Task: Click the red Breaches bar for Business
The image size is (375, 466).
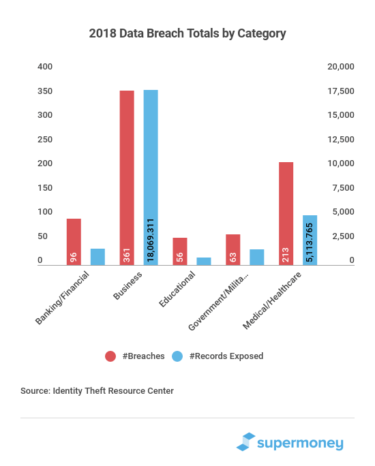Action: click(127, 178)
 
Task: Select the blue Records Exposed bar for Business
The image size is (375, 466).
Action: click(151, 177)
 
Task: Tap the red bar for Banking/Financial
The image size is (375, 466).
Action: click(74, 242)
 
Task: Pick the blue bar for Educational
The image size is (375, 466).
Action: click(204, 261)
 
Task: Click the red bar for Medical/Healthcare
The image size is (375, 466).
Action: click(286, 213)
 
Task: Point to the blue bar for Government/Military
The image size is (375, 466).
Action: click(256, 257)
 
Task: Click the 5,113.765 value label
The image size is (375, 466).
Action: click(310, 243)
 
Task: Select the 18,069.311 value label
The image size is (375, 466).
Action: click(151, 240)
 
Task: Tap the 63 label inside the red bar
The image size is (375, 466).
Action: click(233, 257)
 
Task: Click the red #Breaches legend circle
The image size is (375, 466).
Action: click(110, 356)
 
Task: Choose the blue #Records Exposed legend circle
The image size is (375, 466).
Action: click(177, 356)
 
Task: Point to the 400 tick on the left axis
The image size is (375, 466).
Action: click(45, 67)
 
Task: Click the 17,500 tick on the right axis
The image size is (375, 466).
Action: click(341, 91)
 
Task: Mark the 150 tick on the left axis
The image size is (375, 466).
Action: click(45, 188)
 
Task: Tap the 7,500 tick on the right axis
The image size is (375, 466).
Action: click(343, 188)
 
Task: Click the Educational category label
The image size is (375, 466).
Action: click(177, 289)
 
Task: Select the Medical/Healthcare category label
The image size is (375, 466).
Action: click(272, 300)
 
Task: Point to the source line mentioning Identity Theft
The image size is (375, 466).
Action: click(97, 390)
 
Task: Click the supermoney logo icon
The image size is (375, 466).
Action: click(245, 441)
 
